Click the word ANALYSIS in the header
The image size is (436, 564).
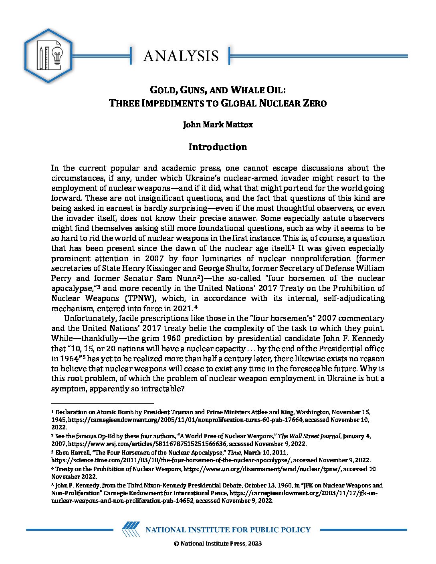pos(181,56)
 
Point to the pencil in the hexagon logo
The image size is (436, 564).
pos(41,57)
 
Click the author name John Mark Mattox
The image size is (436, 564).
pos(218,125)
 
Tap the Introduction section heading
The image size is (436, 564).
pos(218,147)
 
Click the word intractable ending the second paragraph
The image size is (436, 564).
pos(161,389)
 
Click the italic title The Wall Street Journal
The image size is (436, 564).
pos(309,436)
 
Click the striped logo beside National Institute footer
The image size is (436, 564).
pos(131,530)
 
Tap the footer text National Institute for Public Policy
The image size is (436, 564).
pos(228,530)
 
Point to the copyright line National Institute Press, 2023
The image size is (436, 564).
pos(218,544)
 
